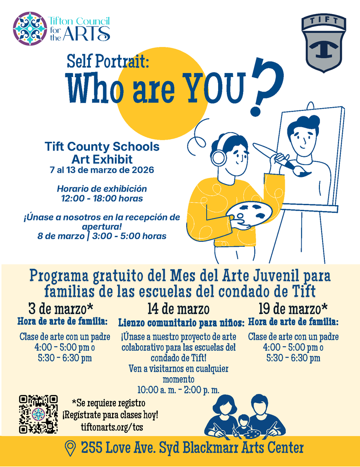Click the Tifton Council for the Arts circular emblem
pos(30,28)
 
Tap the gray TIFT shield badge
pos(323,43)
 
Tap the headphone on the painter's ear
pos(219,158)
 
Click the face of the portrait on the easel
pos(303,137)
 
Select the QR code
pos(38,414)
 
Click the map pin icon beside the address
pos(70,448)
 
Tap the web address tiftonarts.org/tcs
pos(110,427)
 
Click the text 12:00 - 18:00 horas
pos(102,198)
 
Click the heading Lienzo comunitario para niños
pos(181,323)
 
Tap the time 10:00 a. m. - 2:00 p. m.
pos(178,390)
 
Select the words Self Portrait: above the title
pos(108,61)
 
